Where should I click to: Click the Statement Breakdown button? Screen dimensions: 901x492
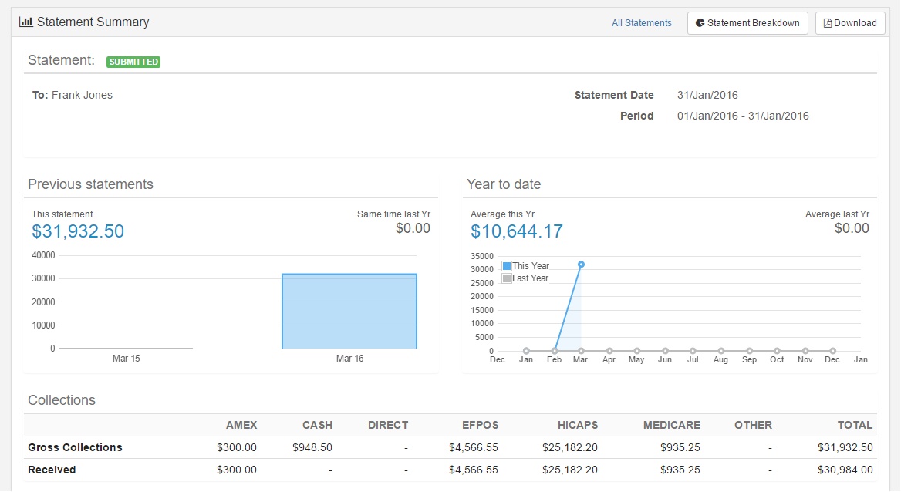coord(747,23)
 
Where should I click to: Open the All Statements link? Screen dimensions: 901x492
coord(641,23)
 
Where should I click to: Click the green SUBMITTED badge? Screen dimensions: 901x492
coord(133,62)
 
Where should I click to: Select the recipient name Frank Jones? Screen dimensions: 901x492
coord(83,95)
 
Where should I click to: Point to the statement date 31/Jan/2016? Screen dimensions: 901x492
coord(707,95)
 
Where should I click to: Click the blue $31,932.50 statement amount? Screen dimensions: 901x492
coord(78,231)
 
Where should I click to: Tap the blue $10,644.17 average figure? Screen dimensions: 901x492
coord(517,231)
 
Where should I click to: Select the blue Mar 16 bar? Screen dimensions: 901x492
coord(349,311)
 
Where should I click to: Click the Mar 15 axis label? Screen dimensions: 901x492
coord(126,359)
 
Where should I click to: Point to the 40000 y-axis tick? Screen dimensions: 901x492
coord(44,255)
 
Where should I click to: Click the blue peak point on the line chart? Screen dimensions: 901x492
coord(581,265)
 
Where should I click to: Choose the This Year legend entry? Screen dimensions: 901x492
coord(526,266)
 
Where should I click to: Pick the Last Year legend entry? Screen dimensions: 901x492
coord(526,278)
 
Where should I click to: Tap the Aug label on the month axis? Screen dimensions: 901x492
coord(720,360)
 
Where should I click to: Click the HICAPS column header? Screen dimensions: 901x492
coord(578,426)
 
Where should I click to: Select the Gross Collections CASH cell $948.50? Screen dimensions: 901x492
coord(312,447)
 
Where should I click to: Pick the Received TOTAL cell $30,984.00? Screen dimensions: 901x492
coord(845,470)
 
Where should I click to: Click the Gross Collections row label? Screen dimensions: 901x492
coord(75,447)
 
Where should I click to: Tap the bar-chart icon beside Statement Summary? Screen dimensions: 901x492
coord(26,22)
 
